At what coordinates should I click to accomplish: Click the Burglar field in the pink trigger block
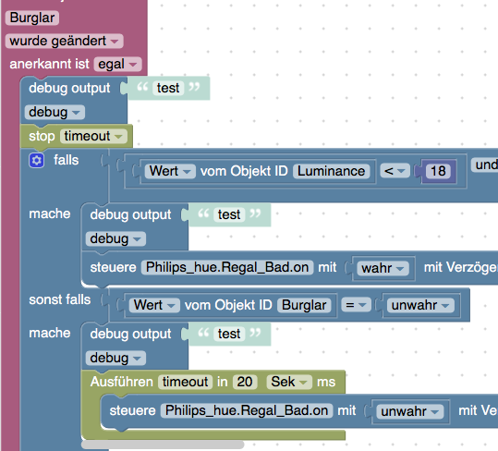(32, 18)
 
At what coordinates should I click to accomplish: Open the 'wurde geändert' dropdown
(64, 41)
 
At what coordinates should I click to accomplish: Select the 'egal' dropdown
(118, 64)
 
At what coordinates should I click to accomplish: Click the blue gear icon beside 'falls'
(37, 160)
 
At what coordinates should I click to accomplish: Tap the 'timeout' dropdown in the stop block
(93, 136)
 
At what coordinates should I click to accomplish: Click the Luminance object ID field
(332, 171)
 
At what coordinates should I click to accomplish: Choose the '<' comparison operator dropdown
(395, 171)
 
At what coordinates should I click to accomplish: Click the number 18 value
(438, 171)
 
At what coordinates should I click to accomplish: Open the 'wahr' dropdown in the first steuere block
(383, 268)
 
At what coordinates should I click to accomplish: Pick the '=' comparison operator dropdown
(356, 305)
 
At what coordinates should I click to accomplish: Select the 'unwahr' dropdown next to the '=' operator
(420, 305)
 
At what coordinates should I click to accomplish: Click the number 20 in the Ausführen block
(245, 382)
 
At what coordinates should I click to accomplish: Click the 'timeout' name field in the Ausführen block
(185, 382)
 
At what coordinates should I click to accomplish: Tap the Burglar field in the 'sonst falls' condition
(304, 305)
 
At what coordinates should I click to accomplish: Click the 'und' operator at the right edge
(485, 165)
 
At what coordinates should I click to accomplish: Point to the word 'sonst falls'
(60, 299)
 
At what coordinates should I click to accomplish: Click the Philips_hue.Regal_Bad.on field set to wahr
(227, 267)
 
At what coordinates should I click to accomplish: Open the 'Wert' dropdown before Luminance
(170, 171)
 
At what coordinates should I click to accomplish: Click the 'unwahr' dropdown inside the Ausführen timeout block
(409, 411)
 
